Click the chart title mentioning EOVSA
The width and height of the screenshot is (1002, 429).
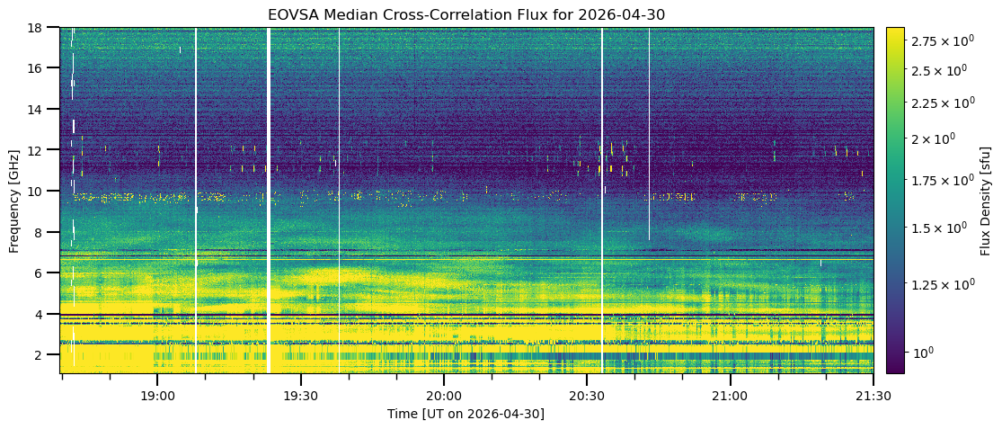point(466,14)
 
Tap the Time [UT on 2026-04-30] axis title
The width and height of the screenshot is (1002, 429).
point(466,415)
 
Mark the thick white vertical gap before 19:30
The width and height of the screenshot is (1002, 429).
point(269,201)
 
